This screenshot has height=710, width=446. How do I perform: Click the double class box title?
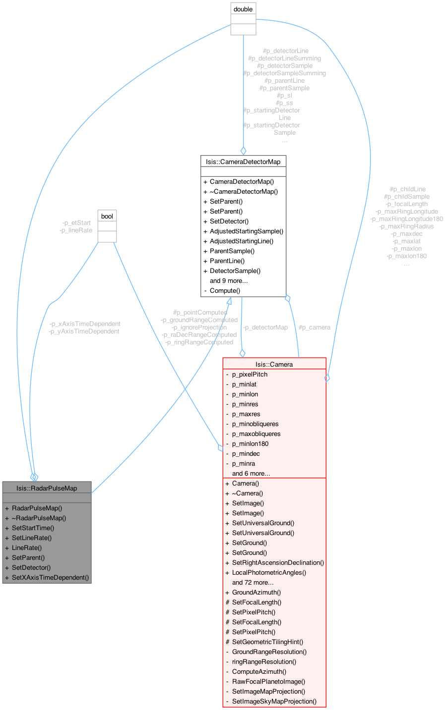pyautogui.click(x=243, y=9)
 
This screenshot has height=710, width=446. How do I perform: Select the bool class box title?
pyautogui.click(x=107, y=216)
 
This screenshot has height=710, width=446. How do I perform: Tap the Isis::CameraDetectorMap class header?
pyautogui.click(x=243, y=162)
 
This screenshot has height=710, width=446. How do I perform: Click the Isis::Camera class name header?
pyautogui.click(x=274, y=364)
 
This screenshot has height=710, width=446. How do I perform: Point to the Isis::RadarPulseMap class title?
pyautogui.click(x=47, y=488)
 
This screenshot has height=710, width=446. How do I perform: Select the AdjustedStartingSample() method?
pyautogui.click(x=246, y=231)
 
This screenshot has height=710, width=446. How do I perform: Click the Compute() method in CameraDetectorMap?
pyautogui.click(x=225, y=290)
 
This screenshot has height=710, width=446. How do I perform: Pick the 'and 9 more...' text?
pyautogui.click(x=229, y=280)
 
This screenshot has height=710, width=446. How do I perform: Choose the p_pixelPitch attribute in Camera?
pyautogui.click(x=250, y=374)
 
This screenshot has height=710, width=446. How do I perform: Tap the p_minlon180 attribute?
pyautogui.click(x=250, y=443)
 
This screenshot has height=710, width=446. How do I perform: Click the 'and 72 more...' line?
pyautogui.click(x=253, y=582)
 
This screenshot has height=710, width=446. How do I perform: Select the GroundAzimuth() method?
pyautogui.click(x=256, y=592)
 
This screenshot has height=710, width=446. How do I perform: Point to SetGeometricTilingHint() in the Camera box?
pyautogui.click(x=267, y=642)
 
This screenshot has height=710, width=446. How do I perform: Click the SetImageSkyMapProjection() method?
pyautogui.click(x=274, y=701)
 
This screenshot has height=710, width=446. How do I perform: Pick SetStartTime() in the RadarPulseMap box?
pyautogui.click(x=33, y=528)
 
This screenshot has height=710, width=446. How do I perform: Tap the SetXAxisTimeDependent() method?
pyautogui.click(x=50, y=577)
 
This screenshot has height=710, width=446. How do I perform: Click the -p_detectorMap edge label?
pyautogui.click(x=265, y=328)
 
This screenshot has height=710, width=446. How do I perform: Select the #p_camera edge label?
pyautogui.click(x=315, y=328)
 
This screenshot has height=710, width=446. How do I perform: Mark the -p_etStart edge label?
pyautogui.click(x=76, y=223)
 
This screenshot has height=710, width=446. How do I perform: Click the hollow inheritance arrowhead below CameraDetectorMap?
pyautogui.click(x=229, y=301)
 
